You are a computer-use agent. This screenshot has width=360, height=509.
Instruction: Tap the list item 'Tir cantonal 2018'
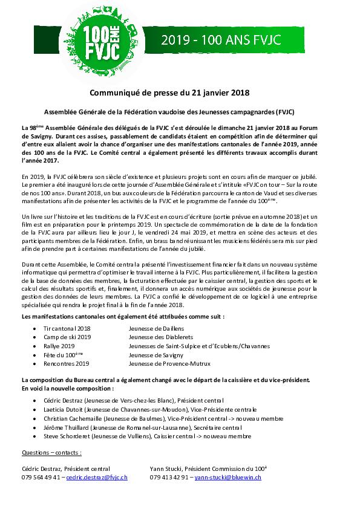click(x=67, y=326)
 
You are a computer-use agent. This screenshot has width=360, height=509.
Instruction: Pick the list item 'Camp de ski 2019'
click(x=67, y=336)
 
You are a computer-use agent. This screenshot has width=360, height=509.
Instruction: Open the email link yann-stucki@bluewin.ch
click(x=227, y=478)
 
